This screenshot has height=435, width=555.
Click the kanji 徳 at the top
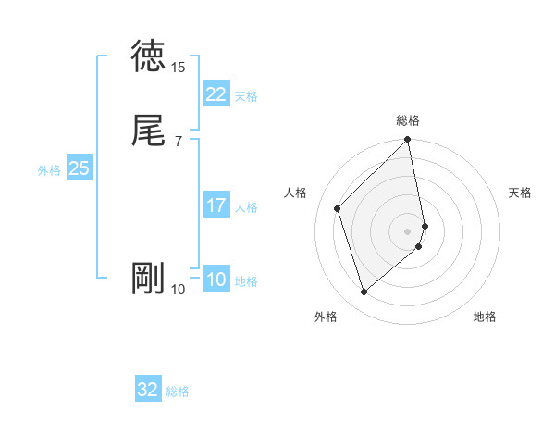click(x=148, y=56)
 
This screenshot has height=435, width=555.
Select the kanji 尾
click(x=148, y=130)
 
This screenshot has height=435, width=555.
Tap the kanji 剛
click(x=148, y=279)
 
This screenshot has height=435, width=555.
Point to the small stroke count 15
click(x=179, y=68)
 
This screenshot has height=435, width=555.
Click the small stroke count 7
click(x=179, y=141)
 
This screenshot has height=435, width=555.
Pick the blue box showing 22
click(x=216, y=94)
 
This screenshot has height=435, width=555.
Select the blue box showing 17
click(x=216, y=205)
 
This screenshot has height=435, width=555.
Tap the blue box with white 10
click(x=216, y=280)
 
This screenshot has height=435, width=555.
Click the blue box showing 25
click(x=80, y=168)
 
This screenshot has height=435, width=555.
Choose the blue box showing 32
click(x=148, y=390)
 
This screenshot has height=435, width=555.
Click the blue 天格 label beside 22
click(x=246, y=96)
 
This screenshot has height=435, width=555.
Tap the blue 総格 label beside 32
click(x=178, y=391)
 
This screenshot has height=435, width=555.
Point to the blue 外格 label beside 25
click(x=49, y=170)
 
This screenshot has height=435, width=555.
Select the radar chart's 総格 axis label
click(x=408, y=120)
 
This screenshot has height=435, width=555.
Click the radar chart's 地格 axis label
click(x=485, y=317)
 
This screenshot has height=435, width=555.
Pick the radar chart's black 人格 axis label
click(x=295, y=193)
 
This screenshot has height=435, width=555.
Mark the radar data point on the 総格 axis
click(x=408, y=141)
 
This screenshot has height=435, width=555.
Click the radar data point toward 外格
click(x=364, y=292)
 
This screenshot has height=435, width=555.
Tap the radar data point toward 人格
click(x=338, y=208)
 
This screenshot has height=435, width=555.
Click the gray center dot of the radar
click(x=408, y=230)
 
